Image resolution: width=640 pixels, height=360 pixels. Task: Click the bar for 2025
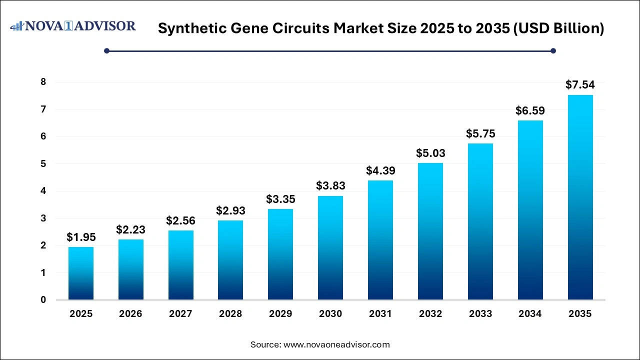81,273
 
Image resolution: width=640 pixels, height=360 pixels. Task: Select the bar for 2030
330,248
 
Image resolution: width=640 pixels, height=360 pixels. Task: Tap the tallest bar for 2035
580,197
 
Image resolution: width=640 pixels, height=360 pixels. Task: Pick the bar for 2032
430,231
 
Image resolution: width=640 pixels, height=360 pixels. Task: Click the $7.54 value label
580,85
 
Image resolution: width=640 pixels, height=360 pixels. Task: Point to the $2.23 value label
130,229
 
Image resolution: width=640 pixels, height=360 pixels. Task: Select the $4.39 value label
380,170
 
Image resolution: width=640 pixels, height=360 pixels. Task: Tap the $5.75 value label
480,133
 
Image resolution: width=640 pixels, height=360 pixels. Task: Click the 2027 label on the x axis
180,314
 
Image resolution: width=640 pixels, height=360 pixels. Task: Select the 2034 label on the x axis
530,314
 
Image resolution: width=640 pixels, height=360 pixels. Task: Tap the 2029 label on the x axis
280,314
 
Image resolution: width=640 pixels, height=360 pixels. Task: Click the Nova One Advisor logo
73,26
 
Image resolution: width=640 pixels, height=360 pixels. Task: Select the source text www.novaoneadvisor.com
336,344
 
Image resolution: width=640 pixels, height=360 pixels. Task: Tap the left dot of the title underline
106,50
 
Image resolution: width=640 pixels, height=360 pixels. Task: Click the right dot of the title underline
553,50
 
